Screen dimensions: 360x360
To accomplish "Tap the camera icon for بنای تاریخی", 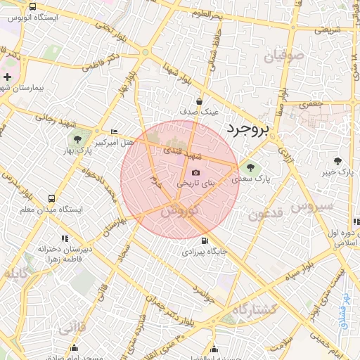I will (195, 172).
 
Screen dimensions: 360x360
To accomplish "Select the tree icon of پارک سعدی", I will (251, 166).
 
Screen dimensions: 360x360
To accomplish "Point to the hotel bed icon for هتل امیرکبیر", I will (115, 131).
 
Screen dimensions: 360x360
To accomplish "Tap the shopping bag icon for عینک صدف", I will (200, 101).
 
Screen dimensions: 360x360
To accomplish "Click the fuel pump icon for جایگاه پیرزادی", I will (205, 240).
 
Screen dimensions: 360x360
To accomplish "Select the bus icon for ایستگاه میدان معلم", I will (51, 199).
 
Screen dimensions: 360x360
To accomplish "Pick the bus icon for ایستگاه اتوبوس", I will (33, 6).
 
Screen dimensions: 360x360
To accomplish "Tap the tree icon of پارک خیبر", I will (338, 161).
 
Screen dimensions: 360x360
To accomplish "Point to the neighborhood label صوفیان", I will (284, 54).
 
